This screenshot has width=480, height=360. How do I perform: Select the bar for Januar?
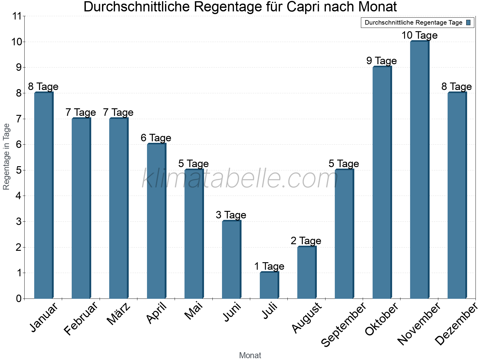click(43, 195)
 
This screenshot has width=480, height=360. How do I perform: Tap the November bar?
click(419, 170)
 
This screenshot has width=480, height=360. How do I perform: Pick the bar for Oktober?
click(382, 182)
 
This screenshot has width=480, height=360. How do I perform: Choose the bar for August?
click(307, 272)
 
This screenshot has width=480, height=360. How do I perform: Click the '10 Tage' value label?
click(419, 35)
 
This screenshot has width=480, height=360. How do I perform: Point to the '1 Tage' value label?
click(269, 266)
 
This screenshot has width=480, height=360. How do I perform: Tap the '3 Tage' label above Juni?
click(231, 215)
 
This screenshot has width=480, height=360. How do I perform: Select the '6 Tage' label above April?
click(156, 138)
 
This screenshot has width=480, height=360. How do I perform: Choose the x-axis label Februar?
click(81, 319)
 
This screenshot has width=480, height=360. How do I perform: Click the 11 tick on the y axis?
click(17, 16)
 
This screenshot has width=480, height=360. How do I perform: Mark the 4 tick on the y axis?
click(19, 196)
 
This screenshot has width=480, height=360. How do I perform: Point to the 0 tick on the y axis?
click(19, 298)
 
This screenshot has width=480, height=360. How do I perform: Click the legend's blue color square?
click(468, 22)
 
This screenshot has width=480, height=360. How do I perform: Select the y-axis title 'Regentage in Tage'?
click(6, 157)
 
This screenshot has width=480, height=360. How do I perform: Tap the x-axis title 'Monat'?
click(250, 355)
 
